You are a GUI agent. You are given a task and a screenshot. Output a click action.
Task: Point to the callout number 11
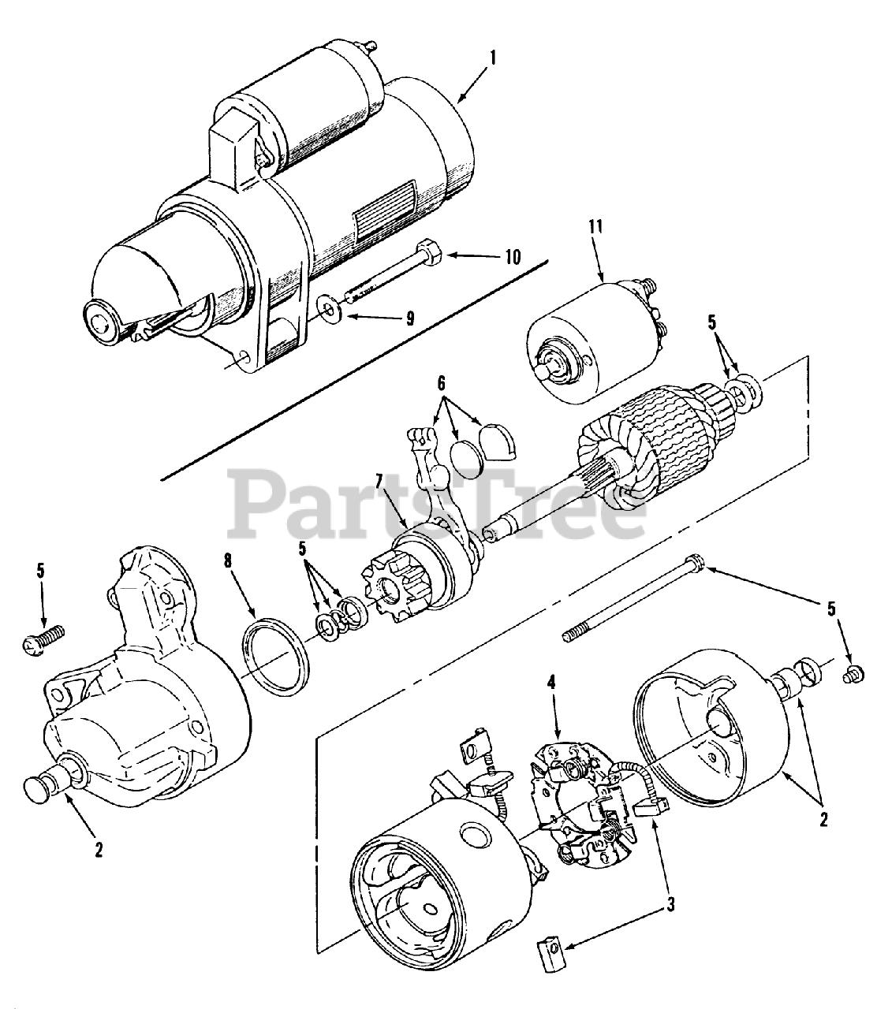coord(595,229)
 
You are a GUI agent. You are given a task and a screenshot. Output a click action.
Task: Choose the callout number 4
coord(551,681)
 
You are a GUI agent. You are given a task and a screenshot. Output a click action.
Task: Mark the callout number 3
coord(670,904)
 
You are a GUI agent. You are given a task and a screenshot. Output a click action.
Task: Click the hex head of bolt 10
coord(431,255)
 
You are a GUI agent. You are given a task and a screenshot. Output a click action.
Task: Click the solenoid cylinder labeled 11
coord(584,343)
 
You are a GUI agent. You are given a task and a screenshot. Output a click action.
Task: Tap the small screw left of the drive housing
coord(41,638)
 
